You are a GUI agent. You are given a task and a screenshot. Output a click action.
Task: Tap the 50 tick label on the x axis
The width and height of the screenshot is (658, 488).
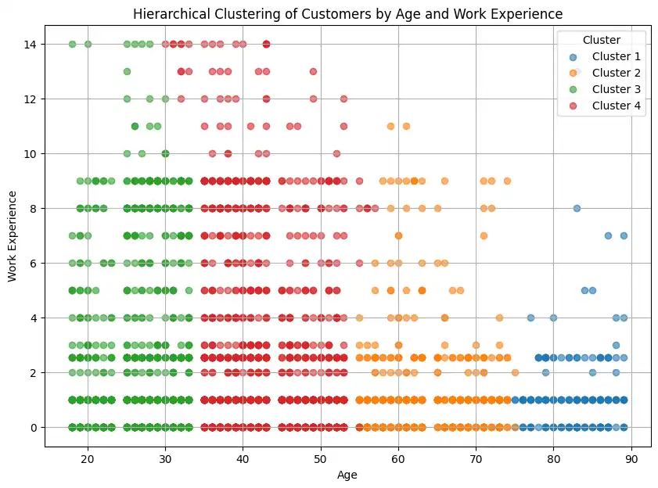point(321,458)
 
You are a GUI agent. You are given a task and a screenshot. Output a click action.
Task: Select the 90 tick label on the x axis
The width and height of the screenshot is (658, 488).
point(631,458)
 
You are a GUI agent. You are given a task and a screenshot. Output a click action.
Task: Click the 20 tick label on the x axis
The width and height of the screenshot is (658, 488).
point(88,458)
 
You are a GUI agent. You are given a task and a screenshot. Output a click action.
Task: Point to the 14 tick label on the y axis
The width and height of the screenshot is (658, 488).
point(32,45)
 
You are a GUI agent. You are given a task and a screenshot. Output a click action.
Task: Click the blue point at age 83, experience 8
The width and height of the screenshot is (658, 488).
point(577,208)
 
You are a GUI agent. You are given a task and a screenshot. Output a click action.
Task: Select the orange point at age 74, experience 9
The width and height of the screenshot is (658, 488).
point(507,181)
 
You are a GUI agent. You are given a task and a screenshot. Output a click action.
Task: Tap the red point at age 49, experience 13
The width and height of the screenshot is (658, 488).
point(313,71)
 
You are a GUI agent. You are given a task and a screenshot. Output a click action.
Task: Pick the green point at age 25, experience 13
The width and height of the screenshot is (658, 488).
point(127,71)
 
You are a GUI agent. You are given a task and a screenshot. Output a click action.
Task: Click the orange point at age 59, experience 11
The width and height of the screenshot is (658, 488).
point(390,126)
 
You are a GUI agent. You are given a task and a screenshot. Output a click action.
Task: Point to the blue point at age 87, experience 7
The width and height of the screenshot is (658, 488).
point(608,235)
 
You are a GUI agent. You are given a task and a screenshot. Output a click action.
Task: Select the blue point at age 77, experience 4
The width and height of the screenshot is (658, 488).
point(530,318)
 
